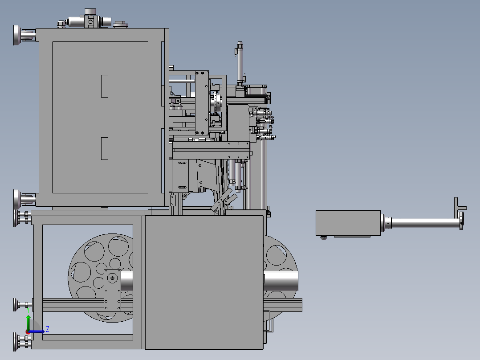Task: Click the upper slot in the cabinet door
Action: (105, 86)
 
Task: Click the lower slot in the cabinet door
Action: (105, 148)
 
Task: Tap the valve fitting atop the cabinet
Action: (90, 21)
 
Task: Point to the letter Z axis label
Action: (47, 329)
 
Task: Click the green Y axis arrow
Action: (28, 322)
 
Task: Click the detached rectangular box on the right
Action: (347, 223)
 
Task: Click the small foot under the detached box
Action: (324, 238)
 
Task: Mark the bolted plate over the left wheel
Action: (112, 290)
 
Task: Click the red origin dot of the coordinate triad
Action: (28, 331)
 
